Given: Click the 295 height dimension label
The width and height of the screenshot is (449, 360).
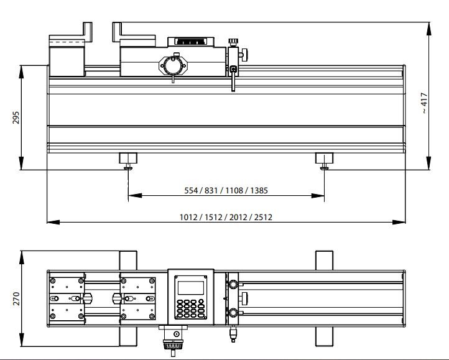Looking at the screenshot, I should [16, 118].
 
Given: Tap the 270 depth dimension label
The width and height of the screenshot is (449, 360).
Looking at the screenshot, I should [16, 298].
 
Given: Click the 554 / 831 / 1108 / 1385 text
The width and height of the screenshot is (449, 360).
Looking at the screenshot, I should [226, 190].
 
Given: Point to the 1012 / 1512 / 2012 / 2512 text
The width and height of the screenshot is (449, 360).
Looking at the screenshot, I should [226, 216].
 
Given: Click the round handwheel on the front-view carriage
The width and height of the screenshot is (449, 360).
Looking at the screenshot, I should [172, 65].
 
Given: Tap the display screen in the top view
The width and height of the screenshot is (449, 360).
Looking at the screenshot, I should [191, 287].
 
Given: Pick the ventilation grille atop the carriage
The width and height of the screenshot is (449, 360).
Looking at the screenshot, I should [192, 42].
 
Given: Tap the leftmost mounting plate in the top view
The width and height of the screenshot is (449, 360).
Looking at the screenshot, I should [67, 298].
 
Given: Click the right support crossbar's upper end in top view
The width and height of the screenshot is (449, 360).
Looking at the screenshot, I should [324, 259].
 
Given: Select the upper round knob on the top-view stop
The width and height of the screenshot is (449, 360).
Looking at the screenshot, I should [233, 285].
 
